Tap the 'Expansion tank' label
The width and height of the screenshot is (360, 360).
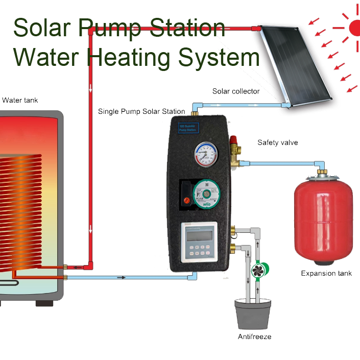click(x=326, y=274)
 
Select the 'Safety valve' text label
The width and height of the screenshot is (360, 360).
click(x=277, y=142)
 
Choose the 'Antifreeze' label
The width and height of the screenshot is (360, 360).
click(x=254, y=337)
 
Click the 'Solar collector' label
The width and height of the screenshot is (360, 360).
click(x=236, y=91)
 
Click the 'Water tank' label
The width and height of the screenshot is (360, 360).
click(x=20, y=101)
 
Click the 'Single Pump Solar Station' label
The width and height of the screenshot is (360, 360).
click(x=141, y=111)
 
